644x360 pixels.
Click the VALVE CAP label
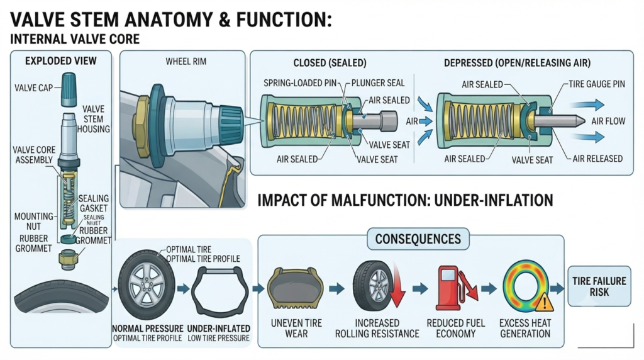pyautogui.click(x=34, y=87)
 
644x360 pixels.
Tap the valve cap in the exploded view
pyautogui.click(x=69, y=89)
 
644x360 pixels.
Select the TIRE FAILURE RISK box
pyautogui.click(x=599, y=286)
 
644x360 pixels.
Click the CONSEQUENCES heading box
pyautogui.click(x=418, y=239)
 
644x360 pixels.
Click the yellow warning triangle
pyautogui.click(x=544, y=302)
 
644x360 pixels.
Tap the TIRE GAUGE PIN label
pyautogui.click(x=597, y=84)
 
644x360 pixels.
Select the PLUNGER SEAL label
pyautogui.click(x=378, y=83)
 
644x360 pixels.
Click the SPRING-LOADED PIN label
pyautogui.click(x=300, y=83)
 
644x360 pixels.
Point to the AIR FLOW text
pyautogui.click(x=608, y=121)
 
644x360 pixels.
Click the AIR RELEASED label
pyautogui.click(x=597, y=159)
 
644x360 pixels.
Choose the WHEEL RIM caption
pyautogui.click(x=186, y=62)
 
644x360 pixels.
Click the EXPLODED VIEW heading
pyautogui.click(x=61, y=61)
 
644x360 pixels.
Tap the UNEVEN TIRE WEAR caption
pyautogui.click(x=296, y=329)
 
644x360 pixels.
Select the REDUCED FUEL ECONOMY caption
pyautogui.click(x=456, y=329)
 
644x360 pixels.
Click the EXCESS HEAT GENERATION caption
pyautogui.click(x=525, y=329)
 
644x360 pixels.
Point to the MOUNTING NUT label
pyautogui.click(x=34, y=221)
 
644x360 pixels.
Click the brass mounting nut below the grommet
pyautogui.click(x=68, y=260)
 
